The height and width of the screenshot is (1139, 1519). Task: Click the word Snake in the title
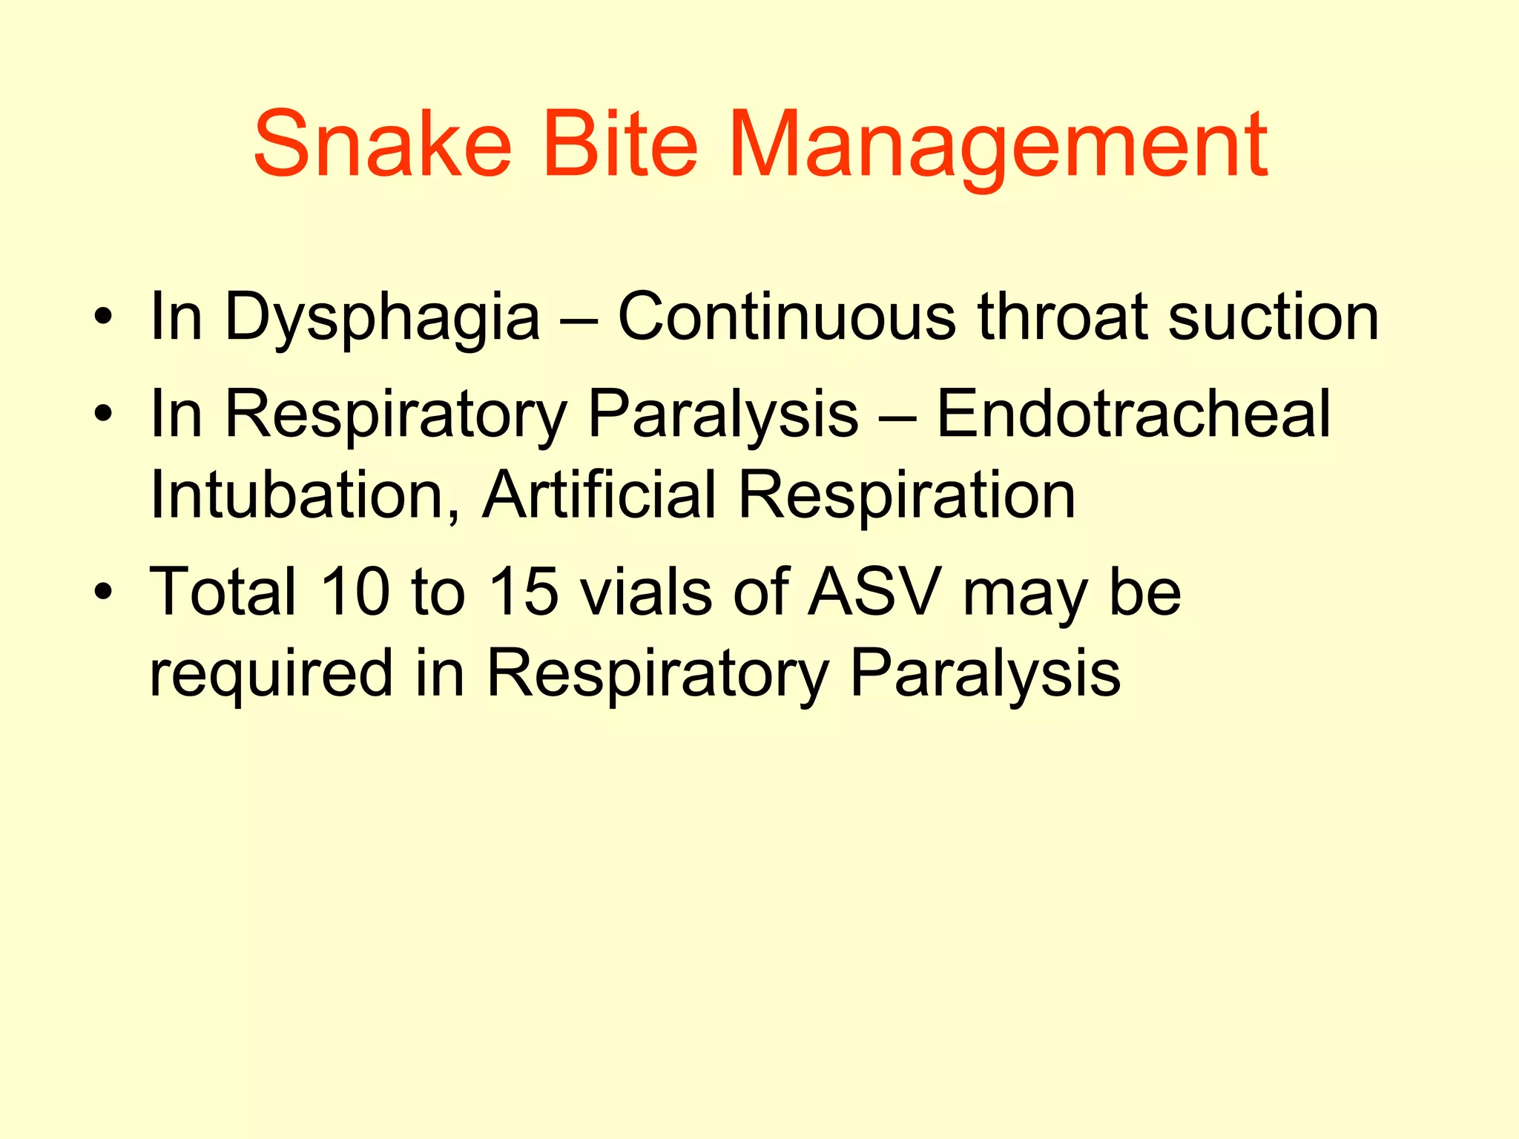(x=382, y=145)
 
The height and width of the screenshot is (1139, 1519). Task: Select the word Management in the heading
(x=998, y=145)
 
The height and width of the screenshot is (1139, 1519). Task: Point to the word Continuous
(x=786, y=317)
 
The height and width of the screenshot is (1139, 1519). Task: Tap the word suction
(x=1273, y=317)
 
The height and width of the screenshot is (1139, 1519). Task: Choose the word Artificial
(x=599, y=495)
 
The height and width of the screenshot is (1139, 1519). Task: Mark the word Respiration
(x=906, y=495)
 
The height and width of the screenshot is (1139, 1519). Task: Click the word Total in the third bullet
(x=223, y=592)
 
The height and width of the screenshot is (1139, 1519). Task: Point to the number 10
(x=355, y=592)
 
